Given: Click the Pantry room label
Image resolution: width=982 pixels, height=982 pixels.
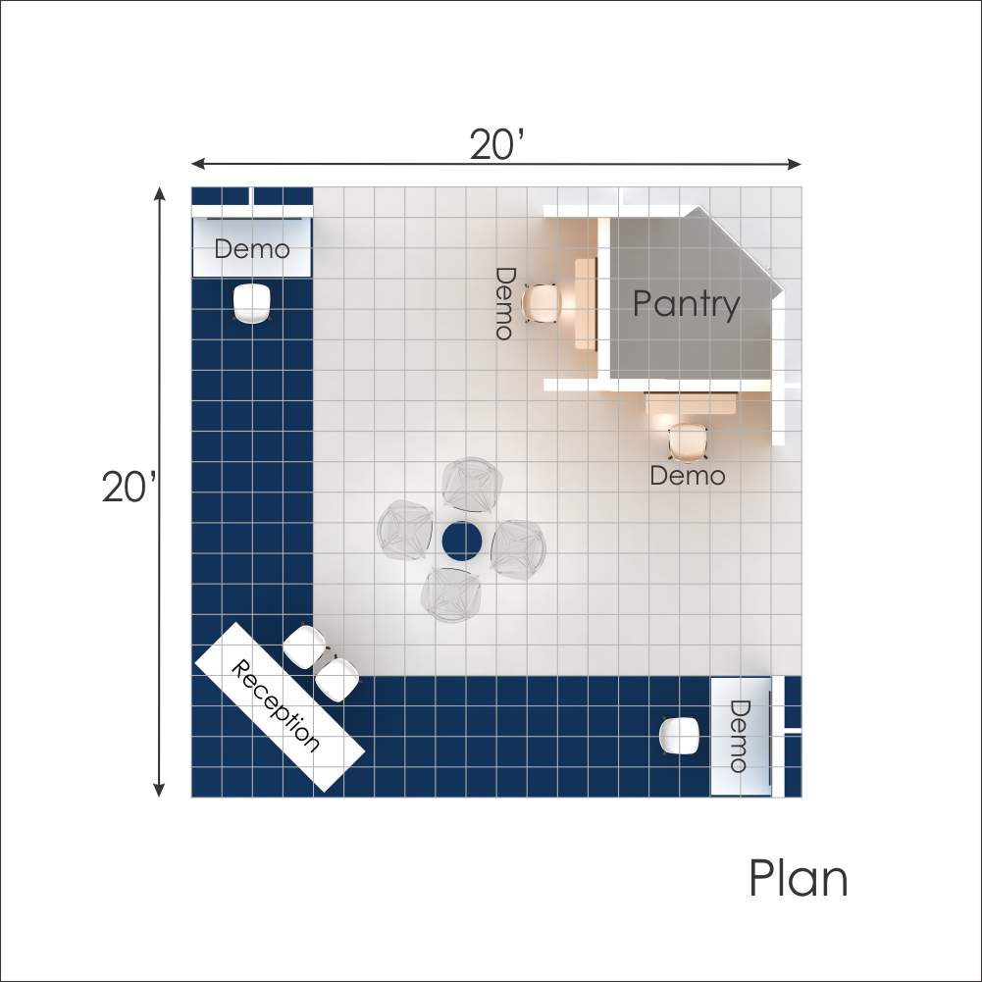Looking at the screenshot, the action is pos(686,304).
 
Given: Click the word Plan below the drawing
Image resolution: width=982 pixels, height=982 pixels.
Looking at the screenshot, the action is pos(799,878).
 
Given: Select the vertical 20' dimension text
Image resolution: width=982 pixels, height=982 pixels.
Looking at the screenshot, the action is pos(129,487).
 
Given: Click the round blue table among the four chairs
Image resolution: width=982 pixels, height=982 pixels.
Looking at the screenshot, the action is pos(462,542).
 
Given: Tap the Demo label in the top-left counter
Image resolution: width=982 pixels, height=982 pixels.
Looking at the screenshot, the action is pos(252,249).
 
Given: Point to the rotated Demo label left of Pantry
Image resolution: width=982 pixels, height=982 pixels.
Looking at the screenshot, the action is pos(505,304).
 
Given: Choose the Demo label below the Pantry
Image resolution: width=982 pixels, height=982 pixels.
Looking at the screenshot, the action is pos(688,476).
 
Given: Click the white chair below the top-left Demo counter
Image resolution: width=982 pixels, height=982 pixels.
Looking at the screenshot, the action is pos(252,303).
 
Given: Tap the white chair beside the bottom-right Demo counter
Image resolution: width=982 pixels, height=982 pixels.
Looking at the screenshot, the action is pos(680,736).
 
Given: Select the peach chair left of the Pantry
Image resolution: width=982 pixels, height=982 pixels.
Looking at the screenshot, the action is pos(542,304).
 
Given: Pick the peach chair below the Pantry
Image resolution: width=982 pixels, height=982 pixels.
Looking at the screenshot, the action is pos(687,442).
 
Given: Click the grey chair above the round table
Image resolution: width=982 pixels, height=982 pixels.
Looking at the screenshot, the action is pos(472,486).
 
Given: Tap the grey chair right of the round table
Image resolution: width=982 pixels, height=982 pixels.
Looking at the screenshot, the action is pos(518,549).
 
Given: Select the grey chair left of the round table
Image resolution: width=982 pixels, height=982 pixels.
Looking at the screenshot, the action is pos(405,531).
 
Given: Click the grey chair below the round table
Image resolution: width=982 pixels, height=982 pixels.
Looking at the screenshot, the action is pos(451,594).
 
